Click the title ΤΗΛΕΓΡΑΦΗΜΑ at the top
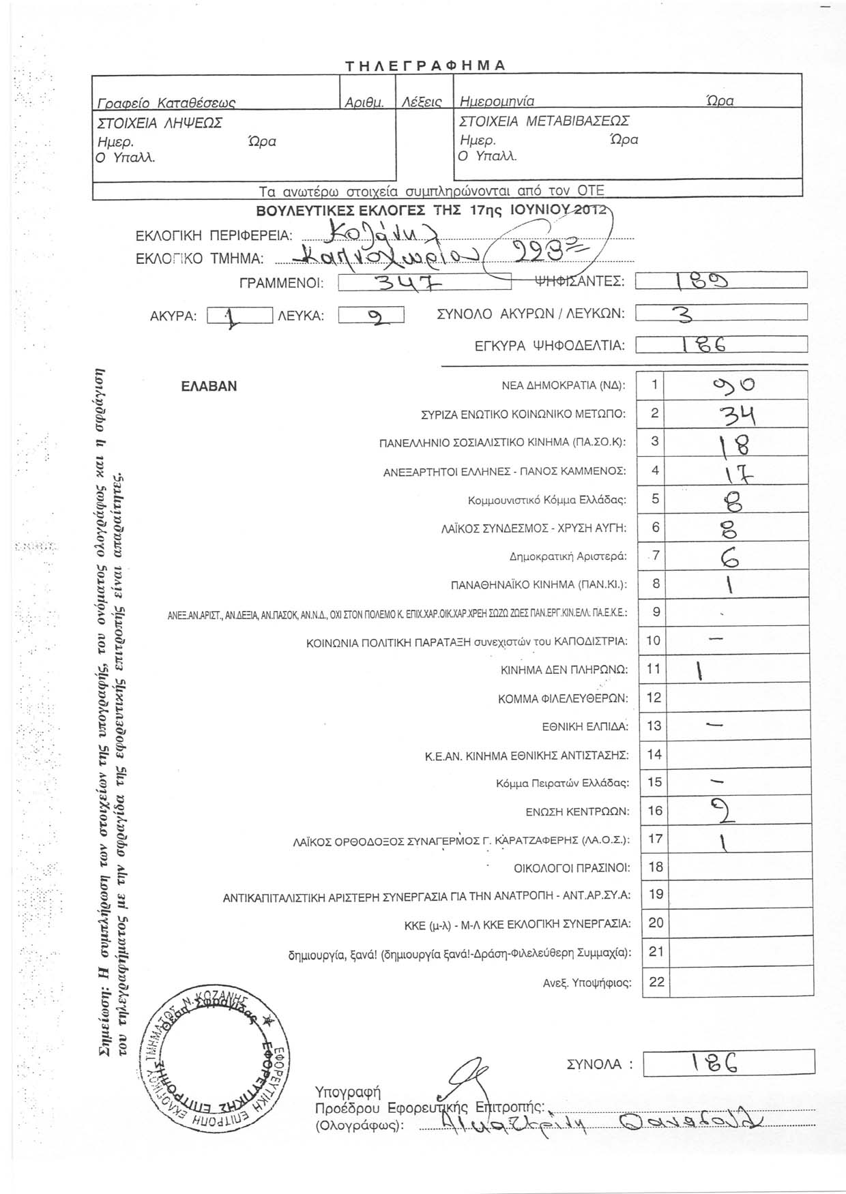(x=424, y=65)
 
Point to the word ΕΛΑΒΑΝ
(x=209, y=386)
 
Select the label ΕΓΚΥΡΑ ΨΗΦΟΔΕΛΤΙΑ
(x=549, y=346)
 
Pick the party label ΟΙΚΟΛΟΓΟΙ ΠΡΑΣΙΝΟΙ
(x=572, y=868)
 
